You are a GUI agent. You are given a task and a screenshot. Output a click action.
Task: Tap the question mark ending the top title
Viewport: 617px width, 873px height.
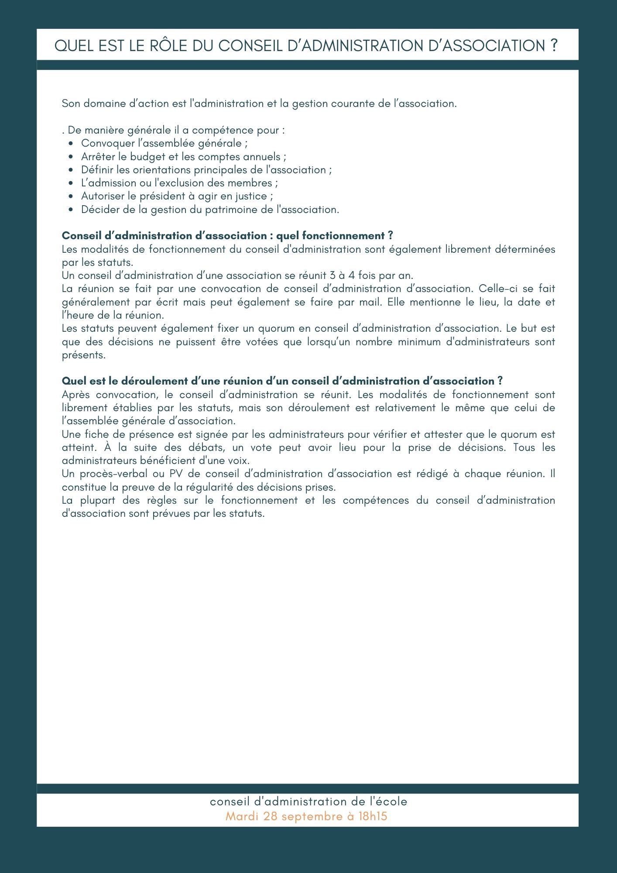(x=554, y=45)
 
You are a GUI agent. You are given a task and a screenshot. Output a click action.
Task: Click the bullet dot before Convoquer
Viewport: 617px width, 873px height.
(x=71, y=144)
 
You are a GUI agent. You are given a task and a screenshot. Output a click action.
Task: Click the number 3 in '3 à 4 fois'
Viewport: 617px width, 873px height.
(x=332, y=275)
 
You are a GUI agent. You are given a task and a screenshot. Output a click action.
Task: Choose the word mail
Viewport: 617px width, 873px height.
(x=370, y=302)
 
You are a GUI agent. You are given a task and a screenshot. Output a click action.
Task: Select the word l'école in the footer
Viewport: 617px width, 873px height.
(x=388, y=801)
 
